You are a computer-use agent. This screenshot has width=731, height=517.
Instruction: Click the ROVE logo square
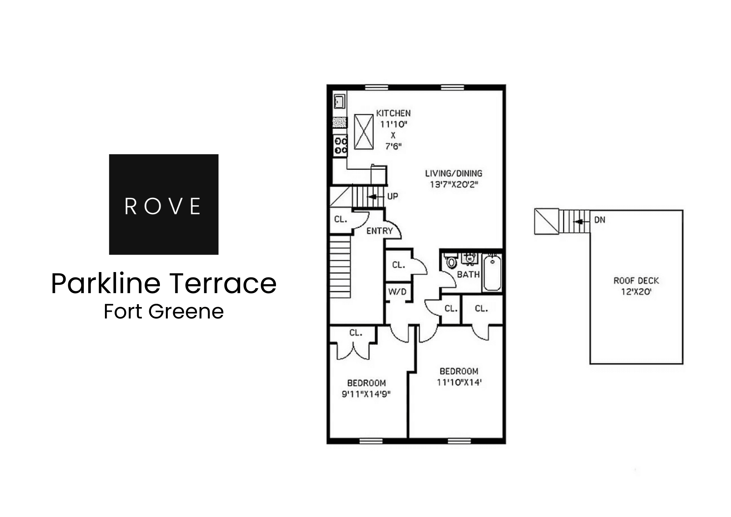tap(163, 204)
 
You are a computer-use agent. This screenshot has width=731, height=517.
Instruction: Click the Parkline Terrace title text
tap(163, 283)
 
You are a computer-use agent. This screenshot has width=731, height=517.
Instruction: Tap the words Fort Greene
tap(163, 311)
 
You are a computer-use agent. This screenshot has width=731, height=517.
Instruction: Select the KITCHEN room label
tap(393, 113)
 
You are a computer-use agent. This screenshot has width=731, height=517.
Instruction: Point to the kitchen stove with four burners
tap(340, 146)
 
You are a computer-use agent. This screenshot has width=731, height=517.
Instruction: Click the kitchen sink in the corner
tap(339, 101)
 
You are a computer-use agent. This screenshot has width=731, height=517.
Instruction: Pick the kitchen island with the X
tap(363, 132)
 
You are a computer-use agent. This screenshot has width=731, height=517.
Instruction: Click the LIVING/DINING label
tap(453, 174)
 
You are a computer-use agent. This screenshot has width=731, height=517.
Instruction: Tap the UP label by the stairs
tap(392, 196)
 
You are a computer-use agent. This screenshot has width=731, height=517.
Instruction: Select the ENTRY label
tap(379, 231)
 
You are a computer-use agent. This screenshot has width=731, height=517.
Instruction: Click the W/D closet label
tap(397, 292)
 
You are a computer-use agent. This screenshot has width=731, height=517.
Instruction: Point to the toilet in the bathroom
tap(452, 262)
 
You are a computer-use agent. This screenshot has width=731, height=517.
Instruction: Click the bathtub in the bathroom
tap(492, 273)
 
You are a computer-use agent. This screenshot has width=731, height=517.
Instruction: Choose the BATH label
tap(468, 275)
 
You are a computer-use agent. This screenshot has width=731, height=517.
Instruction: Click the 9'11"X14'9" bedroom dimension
tap(366, 394)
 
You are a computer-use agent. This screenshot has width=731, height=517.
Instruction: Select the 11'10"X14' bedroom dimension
tap(459, 382)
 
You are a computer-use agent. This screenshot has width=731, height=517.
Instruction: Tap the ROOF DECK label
tap(636, 281)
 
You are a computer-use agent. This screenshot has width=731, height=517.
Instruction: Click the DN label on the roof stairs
tap(599, 220)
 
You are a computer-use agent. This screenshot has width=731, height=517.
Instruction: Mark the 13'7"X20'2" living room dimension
tap(453, 185)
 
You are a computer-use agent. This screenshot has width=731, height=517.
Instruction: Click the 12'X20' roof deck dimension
tap(636, 292)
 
